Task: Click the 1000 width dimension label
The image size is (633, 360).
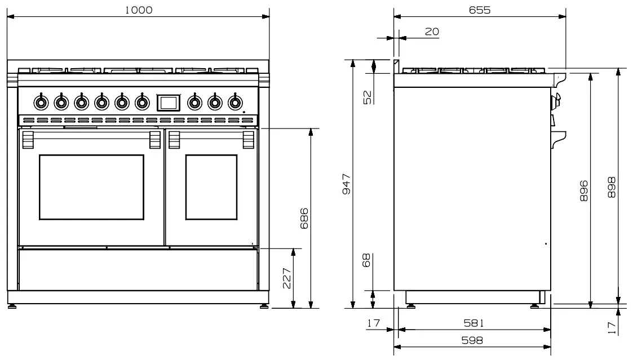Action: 139,10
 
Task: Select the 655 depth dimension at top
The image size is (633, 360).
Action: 480,10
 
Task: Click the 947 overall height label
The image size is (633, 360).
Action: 347,184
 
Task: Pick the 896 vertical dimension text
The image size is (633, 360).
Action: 584,190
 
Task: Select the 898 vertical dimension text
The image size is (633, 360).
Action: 612,188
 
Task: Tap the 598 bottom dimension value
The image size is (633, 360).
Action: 472,340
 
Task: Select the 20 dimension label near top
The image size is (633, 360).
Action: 432,32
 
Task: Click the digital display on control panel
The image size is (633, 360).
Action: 169,102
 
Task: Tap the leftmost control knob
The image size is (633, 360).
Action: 40,102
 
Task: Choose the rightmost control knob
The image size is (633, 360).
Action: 234,102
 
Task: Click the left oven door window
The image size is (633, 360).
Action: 91,187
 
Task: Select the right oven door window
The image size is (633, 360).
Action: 211,187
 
